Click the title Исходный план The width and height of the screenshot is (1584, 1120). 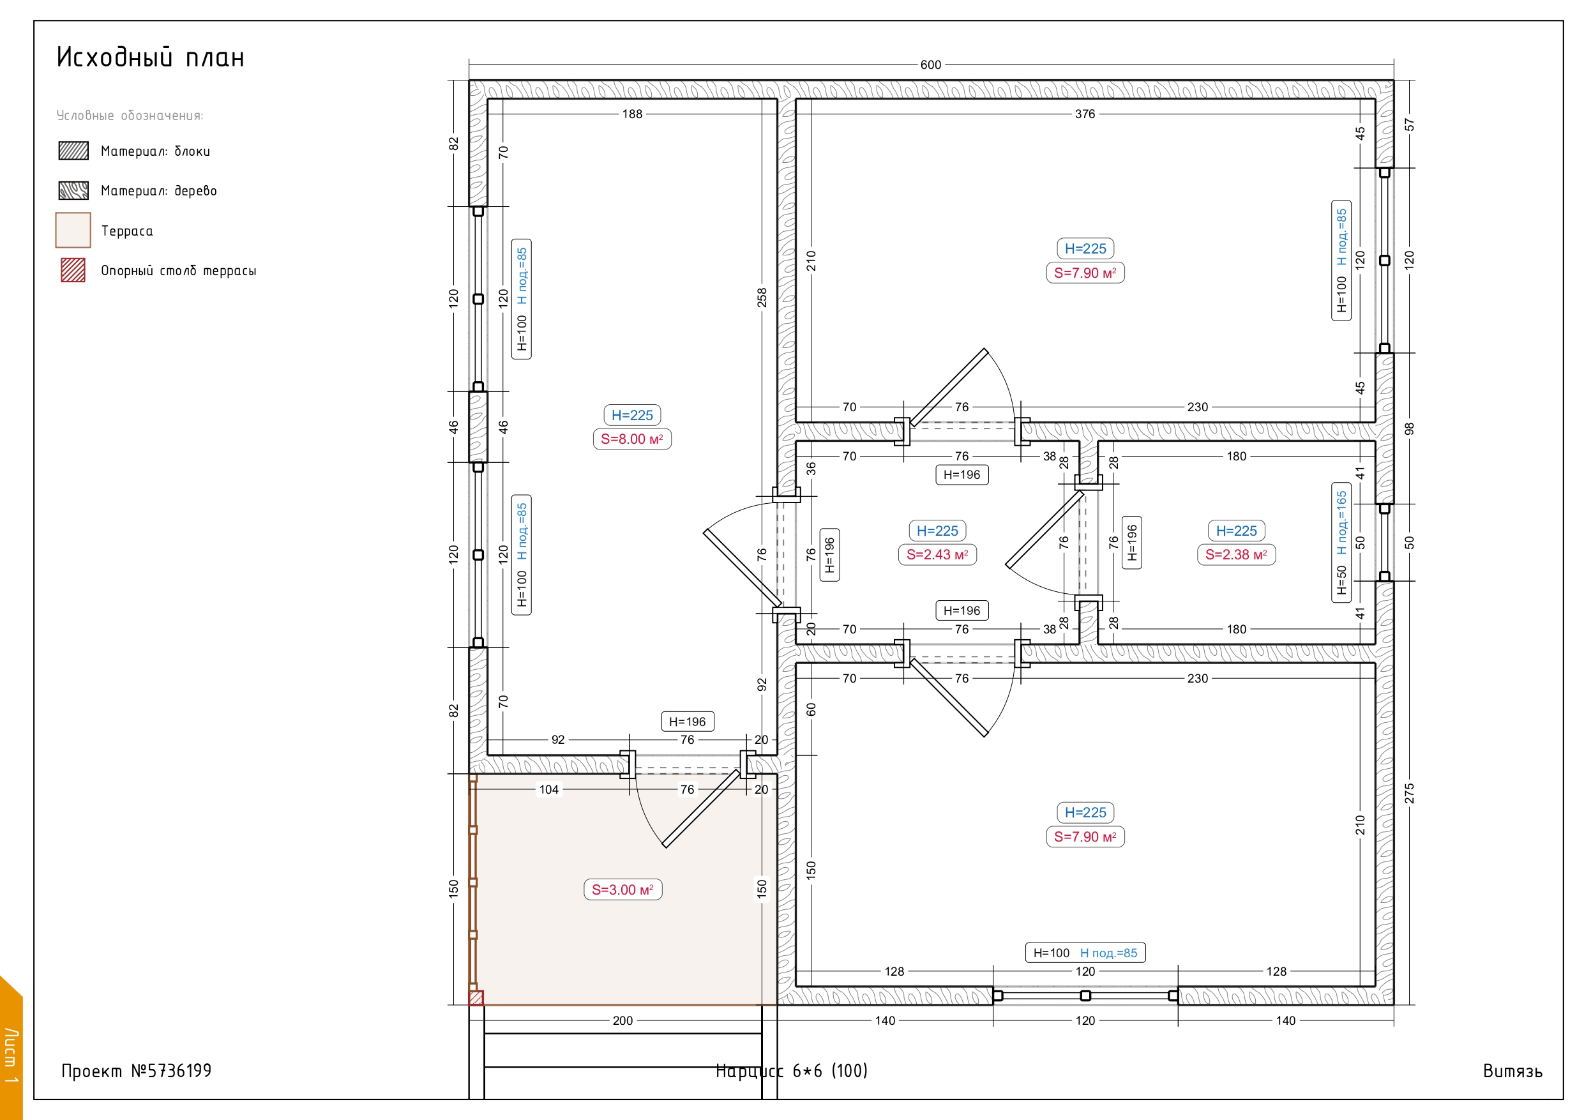coord(151,57)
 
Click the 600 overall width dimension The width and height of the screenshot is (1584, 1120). coord(930,65)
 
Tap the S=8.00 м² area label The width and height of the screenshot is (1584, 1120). coord(632,439)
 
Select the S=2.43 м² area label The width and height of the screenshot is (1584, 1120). coord(937,555)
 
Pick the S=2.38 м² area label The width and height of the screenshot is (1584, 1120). coord(1236,555)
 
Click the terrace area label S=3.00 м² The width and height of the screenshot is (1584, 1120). coord(622,889)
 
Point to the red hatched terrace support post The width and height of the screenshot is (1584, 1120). coord(476,998)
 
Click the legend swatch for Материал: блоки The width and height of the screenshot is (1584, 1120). coord(73,151)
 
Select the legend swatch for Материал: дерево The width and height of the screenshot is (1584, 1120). coord(73,190)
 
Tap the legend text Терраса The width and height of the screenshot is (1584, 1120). coord(127,231)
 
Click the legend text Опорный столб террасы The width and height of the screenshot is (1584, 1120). coord(179,271)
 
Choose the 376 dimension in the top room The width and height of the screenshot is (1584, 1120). coord(1085,114)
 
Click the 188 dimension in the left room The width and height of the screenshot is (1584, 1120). coord(632,114)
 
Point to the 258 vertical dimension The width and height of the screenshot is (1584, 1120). coord(762,298)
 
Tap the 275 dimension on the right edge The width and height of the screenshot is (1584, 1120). coord(1410,794)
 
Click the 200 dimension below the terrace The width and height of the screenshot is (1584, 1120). coord(622,1020)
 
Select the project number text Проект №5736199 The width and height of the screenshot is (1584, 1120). coord(137,1070)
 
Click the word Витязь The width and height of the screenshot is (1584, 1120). coord(1512,1071)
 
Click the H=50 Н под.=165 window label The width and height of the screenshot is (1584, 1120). coord(1341,542)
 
